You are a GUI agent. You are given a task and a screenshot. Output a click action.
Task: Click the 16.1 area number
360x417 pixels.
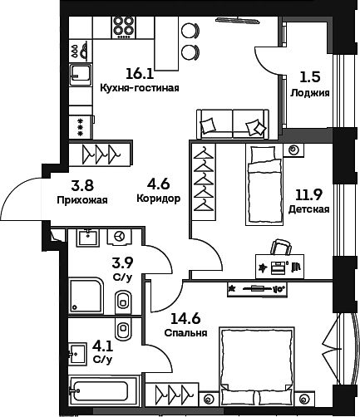pos(140,74)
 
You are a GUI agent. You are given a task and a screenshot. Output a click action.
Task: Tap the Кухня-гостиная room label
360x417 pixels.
pos(140,88)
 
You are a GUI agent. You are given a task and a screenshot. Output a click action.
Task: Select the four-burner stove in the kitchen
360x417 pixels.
pos(124,27)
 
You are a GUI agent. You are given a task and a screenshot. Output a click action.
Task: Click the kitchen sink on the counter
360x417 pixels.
pos(81,75)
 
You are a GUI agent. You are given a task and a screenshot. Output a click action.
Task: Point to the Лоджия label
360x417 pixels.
pos(310,93)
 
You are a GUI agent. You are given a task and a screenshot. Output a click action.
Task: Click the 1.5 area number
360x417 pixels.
pos(310,77)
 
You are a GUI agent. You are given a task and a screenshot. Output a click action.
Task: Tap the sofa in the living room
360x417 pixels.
pos(233,124)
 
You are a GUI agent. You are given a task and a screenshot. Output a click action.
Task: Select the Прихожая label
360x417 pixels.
pos(82,199)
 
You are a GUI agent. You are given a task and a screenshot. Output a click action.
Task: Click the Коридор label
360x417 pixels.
pos(159,199)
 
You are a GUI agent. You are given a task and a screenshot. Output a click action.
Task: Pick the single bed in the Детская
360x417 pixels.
pos(264,184)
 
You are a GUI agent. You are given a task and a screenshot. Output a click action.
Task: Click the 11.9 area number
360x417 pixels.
pos(308,195)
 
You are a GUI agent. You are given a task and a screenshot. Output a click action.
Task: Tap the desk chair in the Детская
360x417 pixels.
pos(281,247)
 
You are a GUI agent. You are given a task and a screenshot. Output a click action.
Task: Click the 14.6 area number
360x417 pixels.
pos(185,319)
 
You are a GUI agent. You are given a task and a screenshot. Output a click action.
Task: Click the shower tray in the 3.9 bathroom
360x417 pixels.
pos(86,296)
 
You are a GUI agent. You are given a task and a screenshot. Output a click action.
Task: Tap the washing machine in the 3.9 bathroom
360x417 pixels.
pos(120,237)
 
